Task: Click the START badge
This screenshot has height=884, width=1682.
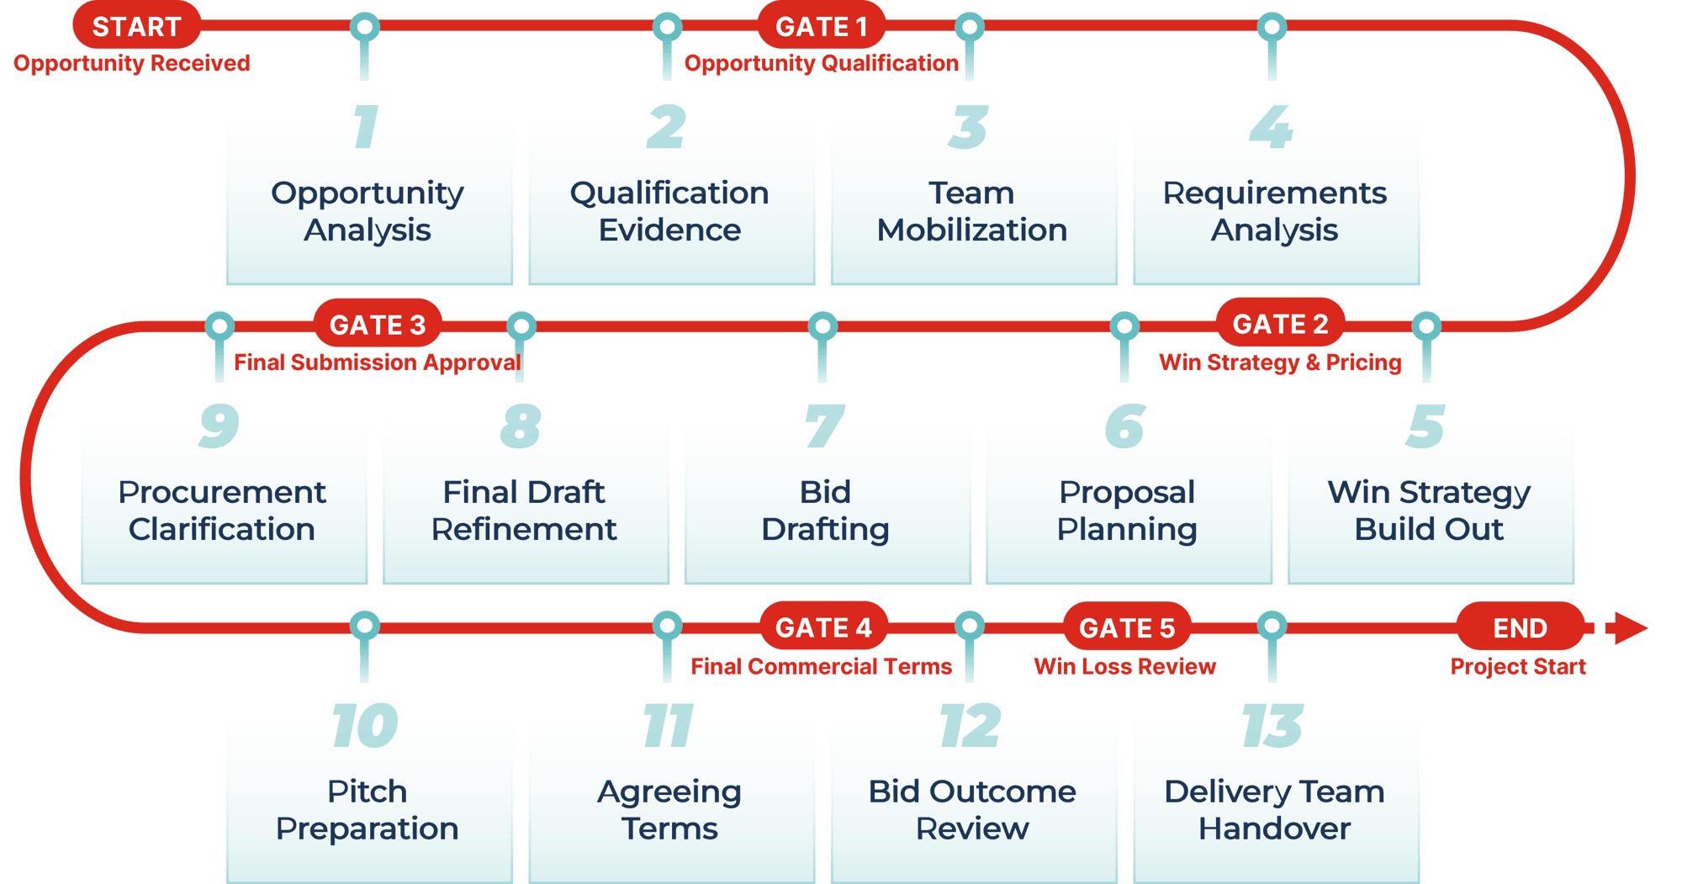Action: pos(136,27)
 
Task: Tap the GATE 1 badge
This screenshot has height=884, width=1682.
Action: pos(821,27)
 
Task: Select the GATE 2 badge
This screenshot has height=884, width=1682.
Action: pos(1280,324)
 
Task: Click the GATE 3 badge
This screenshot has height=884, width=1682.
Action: pos(378,325)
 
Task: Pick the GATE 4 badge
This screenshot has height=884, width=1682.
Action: pos(823,627)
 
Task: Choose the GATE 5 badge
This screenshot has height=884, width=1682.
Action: pos(1127,627)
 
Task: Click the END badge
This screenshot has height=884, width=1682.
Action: pos(1520,627)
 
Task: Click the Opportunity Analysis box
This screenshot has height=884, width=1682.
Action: pos(368,210)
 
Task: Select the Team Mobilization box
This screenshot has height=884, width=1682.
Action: pos(973,210)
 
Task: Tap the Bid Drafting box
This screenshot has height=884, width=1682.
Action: pos(827,509)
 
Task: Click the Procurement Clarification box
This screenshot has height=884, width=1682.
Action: pos(223,509)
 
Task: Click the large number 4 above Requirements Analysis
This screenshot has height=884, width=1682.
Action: pos(1271,127)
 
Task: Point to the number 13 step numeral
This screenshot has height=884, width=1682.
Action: pos(1272,726)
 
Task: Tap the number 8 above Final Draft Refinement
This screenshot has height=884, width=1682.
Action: pos(521,426)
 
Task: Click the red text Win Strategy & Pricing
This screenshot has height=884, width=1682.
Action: pos(1280,363)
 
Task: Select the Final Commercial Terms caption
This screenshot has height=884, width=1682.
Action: pos(822,667)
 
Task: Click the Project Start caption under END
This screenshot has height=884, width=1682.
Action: pos(1518,667)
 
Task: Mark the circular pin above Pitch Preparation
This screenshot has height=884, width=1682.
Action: pos(364,625)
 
